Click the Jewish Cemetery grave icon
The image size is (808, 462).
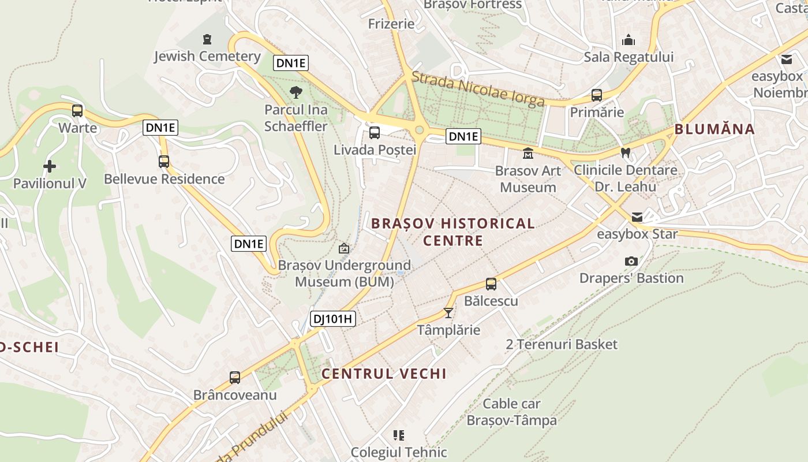pos(207,39)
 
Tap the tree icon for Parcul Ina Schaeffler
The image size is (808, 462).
pos(296,91)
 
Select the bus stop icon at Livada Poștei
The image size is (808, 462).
pos(375,133)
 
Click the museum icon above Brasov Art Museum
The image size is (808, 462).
pos(528,154)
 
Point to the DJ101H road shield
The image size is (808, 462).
pos(332,319)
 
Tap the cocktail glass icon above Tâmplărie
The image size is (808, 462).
pos(448,313)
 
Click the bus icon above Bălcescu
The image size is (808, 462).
pos(491,284)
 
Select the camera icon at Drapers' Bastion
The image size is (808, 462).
pos(631,261)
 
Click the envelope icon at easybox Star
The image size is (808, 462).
pos(637,217)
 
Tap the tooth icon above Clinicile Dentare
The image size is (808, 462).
pos(625,153)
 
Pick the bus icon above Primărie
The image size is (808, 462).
pos(597,95)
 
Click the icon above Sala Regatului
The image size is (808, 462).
pos(629,40)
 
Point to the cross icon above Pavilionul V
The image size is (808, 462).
pos(50,166)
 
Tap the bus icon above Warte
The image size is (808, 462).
pos(77,110)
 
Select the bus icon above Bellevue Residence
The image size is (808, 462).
pos(164,162)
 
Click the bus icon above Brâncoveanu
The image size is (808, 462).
pos(235,378)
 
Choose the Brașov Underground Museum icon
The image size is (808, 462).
pos(344,248)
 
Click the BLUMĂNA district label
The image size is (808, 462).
pos(715,129)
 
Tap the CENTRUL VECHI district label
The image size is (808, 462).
pos(384,374)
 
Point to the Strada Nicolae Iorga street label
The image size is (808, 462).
pos(478,89)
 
